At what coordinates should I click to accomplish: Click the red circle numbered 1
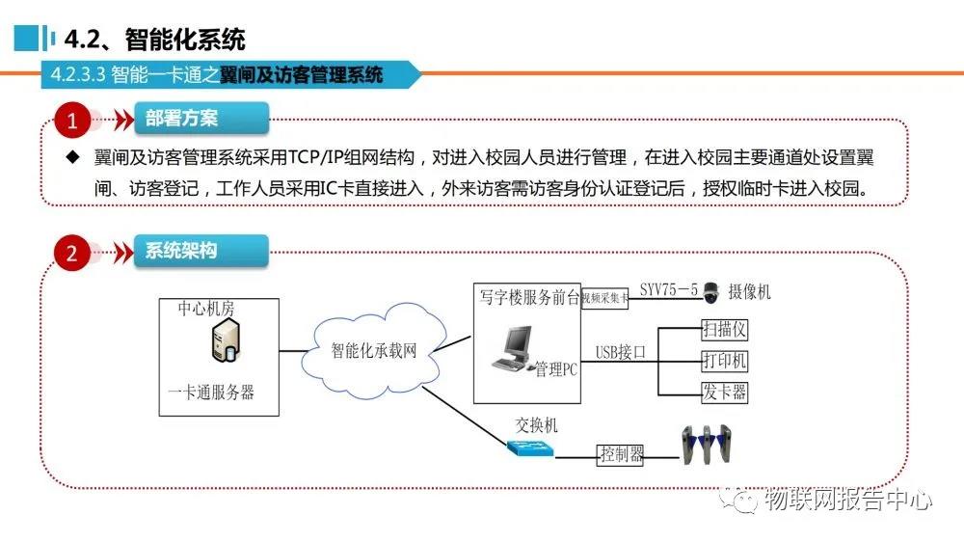pos(72,121)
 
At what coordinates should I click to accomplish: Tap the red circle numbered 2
pos(72,254)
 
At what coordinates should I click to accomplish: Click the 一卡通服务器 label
pos(211,393)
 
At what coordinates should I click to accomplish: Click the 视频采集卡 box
pos(604,299)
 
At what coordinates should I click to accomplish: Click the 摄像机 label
pos(750,291)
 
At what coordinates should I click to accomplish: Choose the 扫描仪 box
pos(724,330)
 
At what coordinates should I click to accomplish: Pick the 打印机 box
pos(724,361)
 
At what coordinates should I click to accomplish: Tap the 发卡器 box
pos(724,392)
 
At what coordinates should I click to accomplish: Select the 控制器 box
pos(621,454)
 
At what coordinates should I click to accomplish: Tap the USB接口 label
pos(620,352)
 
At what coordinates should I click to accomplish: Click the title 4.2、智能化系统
pos(154,40)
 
